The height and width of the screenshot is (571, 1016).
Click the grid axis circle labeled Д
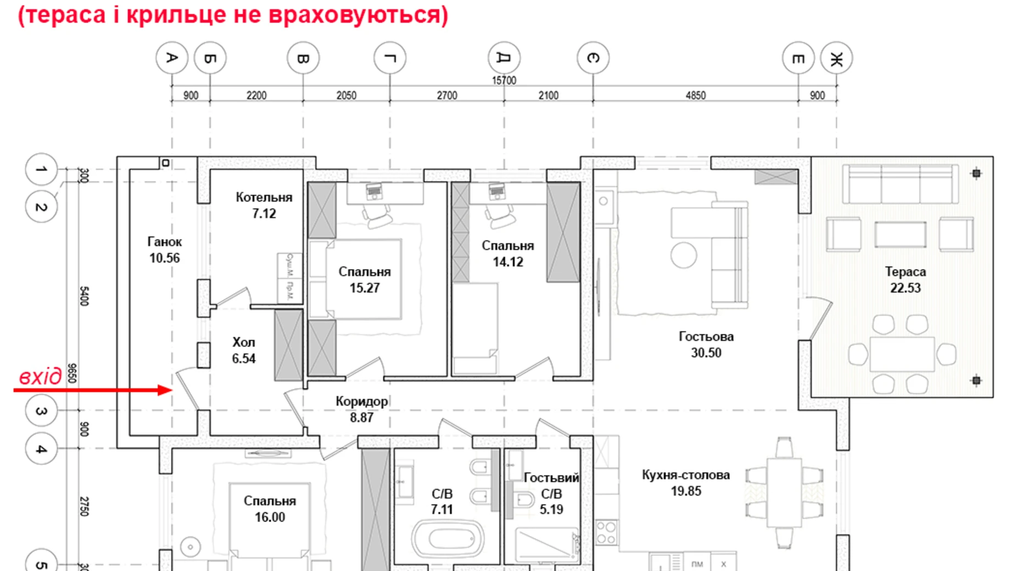click(x=504, y=58)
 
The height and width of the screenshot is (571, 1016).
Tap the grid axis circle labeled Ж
click(x=836, y=58)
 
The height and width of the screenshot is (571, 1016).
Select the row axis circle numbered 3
click(x=41, y=411)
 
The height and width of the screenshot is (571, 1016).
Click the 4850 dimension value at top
click(x=695, y=96)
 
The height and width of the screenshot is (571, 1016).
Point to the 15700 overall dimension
click(x=504, y=81)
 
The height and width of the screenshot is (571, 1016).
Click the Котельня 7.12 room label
click(x=264, y=205)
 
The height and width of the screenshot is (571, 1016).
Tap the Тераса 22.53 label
click(x=905, y=279)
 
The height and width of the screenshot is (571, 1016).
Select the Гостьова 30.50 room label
click(x=706, y=344)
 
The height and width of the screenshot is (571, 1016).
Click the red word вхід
click(x=41, y=377)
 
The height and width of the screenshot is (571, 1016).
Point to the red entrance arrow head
click(x=166, y=390)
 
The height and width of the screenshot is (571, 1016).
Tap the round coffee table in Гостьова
click(x=684, y=255)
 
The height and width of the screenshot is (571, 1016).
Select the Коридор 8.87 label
click(x=361, y=409)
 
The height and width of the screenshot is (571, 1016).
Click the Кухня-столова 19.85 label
click(x=685, y=483)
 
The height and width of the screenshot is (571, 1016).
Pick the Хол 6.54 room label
click(x=243, y=350)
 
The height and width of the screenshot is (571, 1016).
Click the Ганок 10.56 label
click(x=164, y=250)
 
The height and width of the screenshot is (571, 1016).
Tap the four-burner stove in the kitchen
click(x=606, y=532)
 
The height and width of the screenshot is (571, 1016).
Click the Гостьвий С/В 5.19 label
click(x=551, y=493)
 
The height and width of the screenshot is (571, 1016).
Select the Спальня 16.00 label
click(x=270, y=508)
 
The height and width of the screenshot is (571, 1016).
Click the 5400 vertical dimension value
click(x=84, y=296)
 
